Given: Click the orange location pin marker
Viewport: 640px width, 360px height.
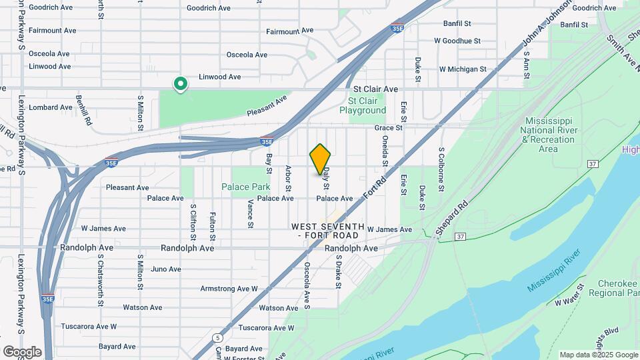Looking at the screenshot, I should [x=321, y=159].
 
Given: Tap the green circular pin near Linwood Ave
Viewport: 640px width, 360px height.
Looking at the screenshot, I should [x=180, y=84].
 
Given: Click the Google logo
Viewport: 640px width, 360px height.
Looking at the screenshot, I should [x=22, y=351].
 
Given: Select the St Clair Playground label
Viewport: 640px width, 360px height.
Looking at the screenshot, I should [x=363, y=105].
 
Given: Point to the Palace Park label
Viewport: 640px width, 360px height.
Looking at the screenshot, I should [x=246, y=187].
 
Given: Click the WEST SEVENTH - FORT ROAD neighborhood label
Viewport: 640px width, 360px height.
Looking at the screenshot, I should [x=328, y=231].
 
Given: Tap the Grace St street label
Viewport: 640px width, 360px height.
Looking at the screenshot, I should [x=389, y=127].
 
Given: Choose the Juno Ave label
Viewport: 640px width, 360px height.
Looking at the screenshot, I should [x=166, y=269].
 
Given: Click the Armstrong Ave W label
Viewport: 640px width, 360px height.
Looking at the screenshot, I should [x=229, y=289].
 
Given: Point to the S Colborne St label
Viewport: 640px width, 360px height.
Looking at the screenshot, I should [x=441, y=169].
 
